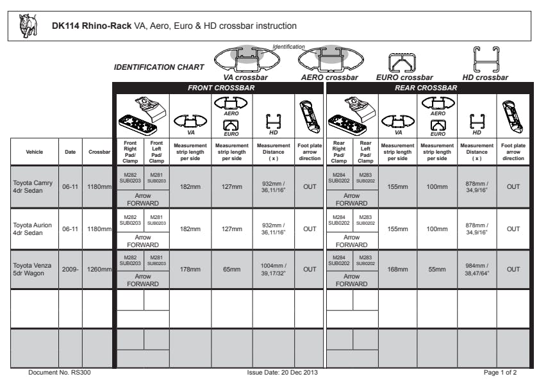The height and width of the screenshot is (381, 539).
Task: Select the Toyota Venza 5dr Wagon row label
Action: click(x=33, y=269)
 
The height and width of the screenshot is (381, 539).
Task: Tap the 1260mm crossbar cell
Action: click(x=97, y=270)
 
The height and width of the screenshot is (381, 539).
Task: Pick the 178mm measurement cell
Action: click(x=190, y=270)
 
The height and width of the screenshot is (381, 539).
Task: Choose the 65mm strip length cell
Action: click(x=232, y=270)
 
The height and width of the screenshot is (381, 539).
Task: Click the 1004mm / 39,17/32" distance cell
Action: click(x=274, y=269)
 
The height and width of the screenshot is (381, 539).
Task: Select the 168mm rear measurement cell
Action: click(x=397, y=270)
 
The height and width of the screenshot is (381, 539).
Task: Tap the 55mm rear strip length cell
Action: click(x=437, y=270)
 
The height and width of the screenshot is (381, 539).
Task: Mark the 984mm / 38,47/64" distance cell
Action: click(x=477, y=269)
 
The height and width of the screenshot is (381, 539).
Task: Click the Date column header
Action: click(x=70, y=152)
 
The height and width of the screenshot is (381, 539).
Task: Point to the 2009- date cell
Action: click(x=70, y=270)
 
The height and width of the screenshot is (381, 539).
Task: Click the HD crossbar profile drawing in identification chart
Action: click(x=485, y=60)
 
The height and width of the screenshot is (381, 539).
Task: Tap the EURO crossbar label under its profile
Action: click(x=404, y=77)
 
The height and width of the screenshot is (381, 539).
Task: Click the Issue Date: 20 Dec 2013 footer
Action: click(x=282, y=372)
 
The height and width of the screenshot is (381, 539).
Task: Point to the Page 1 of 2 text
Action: click(x=501, y=372)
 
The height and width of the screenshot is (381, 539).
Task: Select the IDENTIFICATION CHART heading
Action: click(x=159, y=67)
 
